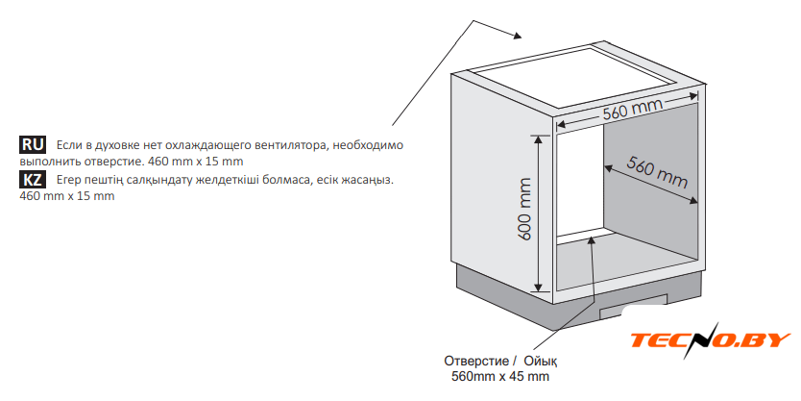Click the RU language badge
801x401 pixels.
(x=33, y=145)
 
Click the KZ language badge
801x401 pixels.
(x=33, y=180)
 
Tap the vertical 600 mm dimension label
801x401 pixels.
(x=524, y=210)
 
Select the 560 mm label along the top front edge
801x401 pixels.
(x=634, y=110)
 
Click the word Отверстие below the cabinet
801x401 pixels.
(x=476, y=362)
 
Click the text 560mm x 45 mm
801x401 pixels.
(x=500, y=377)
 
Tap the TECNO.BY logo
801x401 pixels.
(x=710, y=340)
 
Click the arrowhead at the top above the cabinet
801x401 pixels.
(x=517, y=36)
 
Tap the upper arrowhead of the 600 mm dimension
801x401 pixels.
(x=538, y=139)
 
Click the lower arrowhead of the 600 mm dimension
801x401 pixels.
(x=538, y=288)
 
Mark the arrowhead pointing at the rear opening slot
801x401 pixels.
(x=592, y=241)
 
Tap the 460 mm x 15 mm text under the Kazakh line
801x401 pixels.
(x=67, y=196)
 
